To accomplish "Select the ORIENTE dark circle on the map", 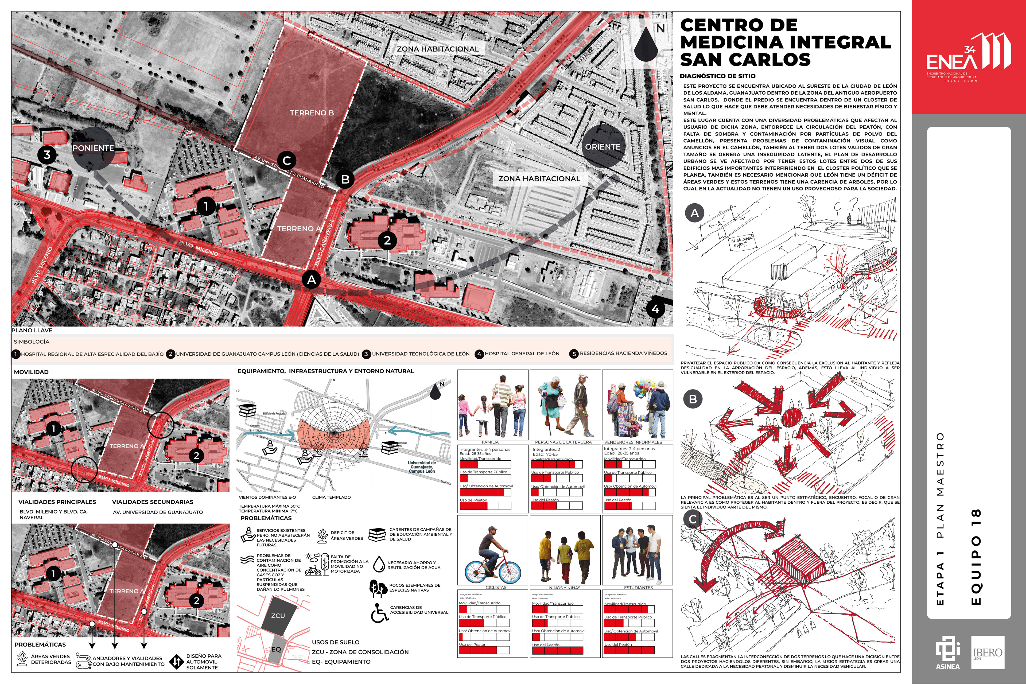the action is click(x=603, y=147).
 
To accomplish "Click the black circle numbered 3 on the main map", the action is click(x=47, y=154).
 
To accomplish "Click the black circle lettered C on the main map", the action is click(x=287, y=161).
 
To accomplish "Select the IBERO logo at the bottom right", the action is click(x=988, y=652).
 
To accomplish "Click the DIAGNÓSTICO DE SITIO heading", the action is click(x=717, y=76).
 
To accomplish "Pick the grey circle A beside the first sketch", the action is click(x=694, y=213).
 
